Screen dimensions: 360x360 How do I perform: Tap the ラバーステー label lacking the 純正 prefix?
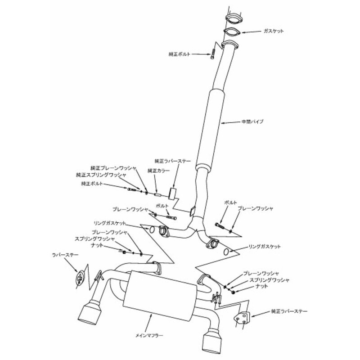pos(65,255)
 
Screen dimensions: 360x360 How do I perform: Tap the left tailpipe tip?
pos(90,313)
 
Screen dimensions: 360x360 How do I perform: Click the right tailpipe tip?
pos(211,342)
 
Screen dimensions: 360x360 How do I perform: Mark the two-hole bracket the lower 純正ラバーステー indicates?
pos(242,317)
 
